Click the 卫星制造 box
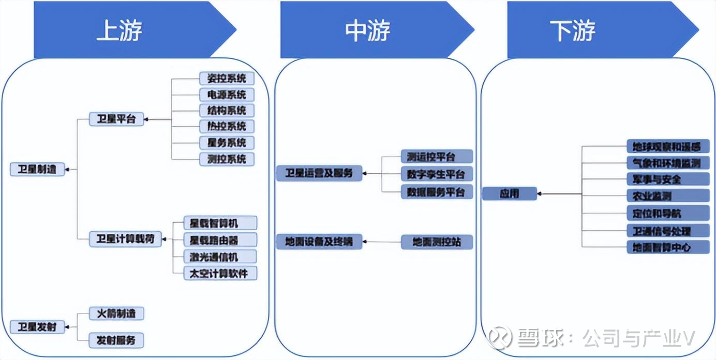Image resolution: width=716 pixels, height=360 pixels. click(x=38, y=169)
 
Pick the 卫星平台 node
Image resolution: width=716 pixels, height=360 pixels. click(x=116, y=119)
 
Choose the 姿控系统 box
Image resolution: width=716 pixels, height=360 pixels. click(x=227, y=79)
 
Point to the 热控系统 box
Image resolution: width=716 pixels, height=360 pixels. click(x=227, y=126)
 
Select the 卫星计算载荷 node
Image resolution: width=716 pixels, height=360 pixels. click(x=125, y=239)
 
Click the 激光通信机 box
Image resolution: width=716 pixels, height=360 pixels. click(x=220, y=256)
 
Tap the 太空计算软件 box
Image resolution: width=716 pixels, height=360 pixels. click(x=220, y=273)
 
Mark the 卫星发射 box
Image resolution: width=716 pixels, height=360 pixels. click(x=38, y=327)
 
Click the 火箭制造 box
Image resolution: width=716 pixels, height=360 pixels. click(x=116, y=313)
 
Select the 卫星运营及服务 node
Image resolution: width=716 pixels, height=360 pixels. click(x=319, y=173)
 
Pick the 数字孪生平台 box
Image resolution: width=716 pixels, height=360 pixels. click(x=437, y=173)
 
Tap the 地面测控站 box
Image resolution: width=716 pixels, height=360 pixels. click(x=437, y=242)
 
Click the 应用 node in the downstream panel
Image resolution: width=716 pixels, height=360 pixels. click(x=510, y=194)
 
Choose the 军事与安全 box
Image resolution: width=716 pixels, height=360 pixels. click(x=668, y=179)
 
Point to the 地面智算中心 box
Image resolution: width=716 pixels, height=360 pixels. click(x=668, y=247)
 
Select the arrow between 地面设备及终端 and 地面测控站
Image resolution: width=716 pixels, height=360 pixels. click(x=382, y=242)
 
